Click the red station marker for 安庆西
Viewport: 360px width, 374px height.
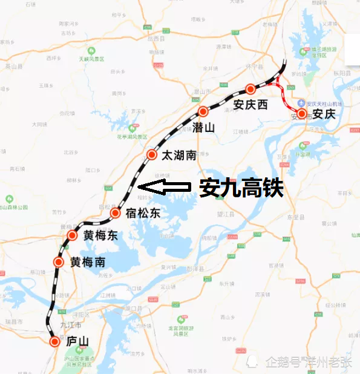(x=250, y=89)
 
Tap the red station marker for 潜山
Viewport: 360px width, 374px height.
(x=203, y=112)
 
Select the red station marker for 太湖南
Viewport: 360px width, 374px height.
(x=151, y=155)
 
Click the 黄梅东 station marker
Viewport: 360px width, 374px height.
(x=72, y=236)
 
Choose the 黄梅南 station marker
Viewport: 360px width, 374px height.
(x=59, y=262)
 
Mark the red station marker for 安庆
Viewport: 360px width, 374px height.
(x=301, y=113)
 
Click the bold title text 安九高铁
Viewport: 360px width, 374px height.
(x=241, y=188)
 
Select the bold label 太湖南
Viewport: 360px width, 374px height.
(x=178, y=155)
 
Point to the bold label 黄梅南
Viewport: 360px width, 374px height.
(x=88, y=263)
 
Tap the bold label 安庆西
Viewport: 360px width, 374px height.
(x=250, y=104)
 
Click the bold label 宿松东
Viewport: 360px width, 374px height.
(x=143, y=213)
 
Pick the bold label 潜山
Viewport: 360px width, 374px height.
(x=203, y=127)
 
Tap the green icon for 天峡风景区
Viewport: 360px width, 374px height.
(x=91, y=51)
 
